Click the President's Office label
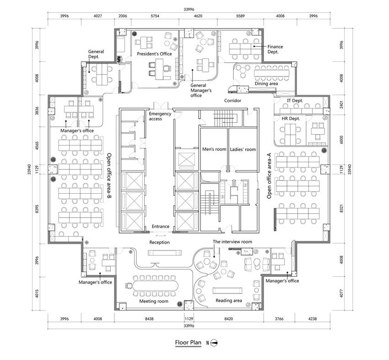[154, 54]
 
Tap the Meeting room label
[154, 301]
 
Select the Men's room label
[214, 149]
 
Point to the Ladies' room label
[243, 149]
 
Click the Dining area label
[266, 84]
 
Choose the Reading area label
[228, 300]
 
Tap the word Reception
[160, 242]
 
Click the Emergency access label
[160, 116]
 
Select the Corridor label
[232, 101]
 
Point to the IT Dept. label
[295, 101]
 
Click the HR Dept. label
[291, 119]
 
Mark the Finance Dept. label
[275, 49]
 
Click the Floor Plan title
[188, 343]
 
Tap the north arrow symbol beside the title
[214, 343]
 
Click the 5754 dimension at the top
[155, 16]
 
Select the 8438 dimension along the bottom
[149, 319]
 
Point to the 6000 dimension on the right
[341, 140]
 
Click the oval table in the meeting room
[155, 286]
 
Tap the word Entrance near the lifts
[161, 226]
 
